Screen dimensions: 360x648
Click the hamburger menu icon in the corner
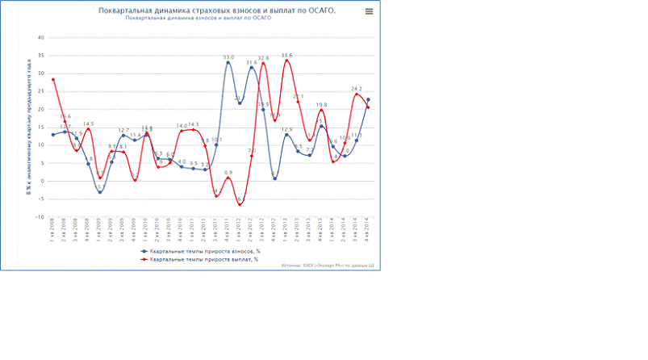[x=369, y=12]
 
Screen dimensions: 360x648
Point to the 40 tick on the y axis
[x=40, y=37]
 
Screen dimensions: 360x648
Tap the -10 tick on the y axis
[x=40, y=216]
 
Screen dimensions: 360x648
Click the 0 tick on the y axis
[x=42, y=181]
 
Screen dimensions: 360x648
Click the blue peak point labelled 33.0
[x=228, y=63]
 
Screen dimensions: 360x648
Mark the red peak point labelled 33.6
[x=286, y=61]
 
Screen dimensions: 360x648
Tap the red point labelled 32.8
[x=263, y=64]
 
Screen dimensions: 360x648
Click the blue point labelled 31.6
[x=252, y=68]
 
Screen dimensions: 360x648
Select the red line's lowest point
[x=240, y=204]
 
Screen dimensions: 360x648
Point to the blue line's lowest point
[x=100, y=192]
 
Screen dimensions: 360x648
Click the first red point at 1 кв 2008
[x=53, y=80]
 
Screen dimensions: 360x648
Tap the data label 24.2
[x=356, y=89]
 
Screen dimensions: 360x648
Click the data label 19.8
[x=321, y=105]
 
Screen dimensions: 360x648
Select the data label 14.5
[x=88, y=124]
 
